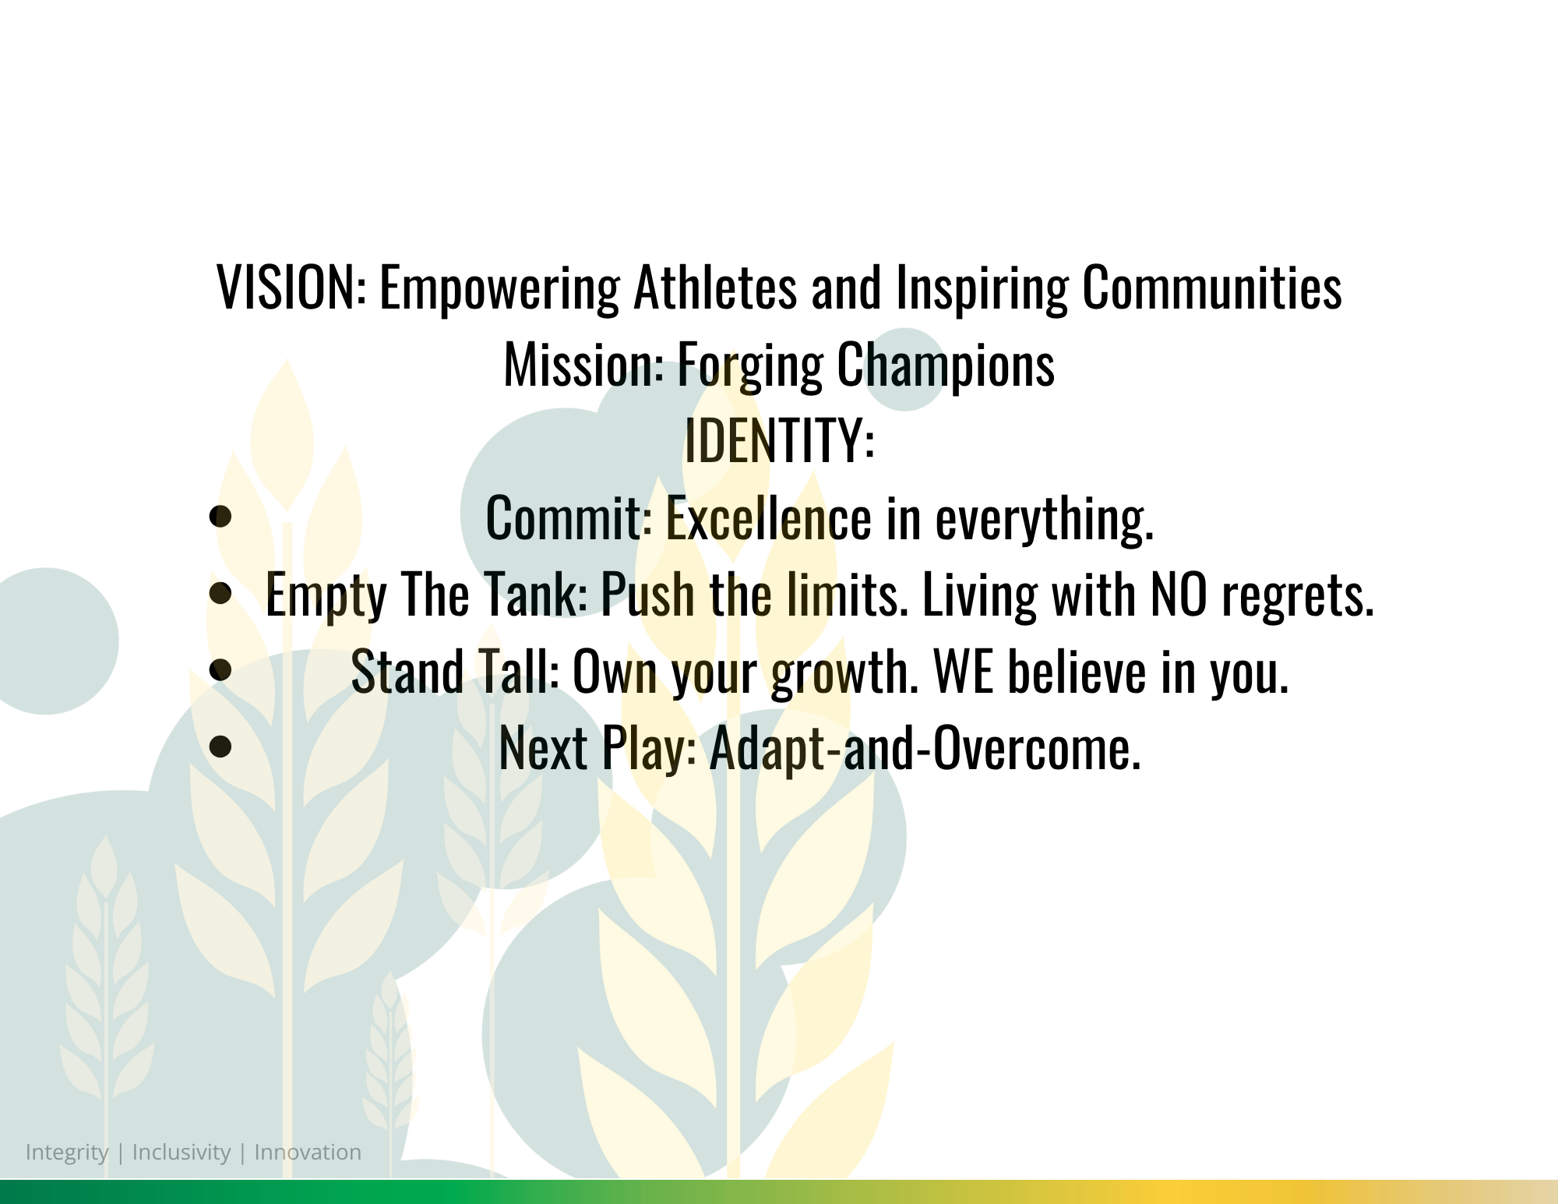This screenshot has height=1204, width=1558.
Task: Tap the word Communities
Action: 1212,288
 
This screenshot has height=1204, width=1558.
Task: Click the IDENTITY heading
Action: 780,440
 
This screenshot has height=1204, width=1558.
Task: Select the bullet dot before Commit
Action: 221,517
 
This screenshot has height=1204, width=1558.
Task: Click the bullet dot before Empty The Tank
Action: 221,593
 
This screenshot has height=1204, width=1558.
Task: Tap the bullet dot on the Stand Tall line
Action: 221,669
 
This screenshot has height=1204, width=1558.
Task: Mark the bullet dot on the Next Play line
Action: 221,746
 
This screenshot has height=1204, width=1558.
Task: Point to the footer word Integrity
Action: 67,1153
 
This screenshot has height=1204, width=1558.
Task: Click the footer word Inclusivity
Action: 182,1153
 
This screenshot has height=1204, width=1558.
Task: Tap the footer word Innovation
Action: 308,1152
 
